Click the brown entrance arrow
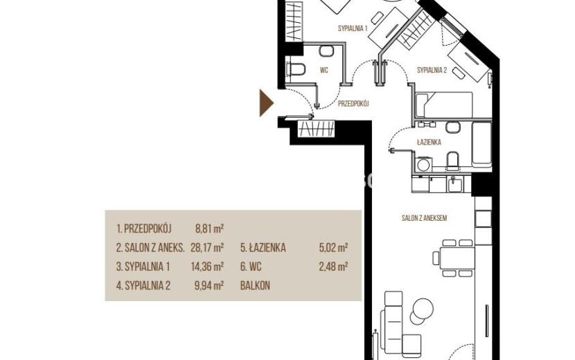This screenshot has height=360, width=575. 265,103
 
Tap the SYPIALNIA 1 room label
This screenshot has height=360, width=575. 353,28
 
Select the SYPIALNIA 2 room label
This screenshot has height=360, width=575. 432,70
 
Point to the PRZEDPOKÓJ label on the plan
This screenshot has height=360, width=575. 353,104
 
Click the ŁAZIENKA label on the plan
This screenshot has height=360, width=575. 429,142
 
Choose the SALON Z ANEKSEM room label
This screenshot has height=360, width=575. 424,218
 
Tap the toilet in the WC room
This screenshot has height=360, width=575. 296,69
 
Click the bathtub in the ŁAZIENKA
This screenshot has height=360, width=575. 481,143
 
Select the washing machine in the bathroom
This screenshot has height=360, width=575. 423,165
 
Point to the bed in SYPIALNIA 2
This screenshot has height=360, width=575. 444,105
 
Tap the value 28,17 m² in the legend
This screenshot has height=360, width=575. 207,248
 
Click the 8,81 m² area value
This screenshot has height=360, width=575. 209,229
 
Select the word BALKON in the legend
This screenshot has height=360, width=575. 255,286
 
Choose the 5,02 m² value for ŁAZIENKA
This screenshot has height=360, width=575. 333,248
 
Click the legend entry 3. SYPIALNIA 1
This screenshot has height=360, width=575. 143,267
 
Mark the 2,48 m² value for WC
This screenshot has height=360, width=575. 333,267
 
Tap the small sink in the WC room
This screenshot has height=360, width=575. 326,51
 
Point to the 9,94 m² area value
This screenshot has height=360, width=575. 209,286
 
